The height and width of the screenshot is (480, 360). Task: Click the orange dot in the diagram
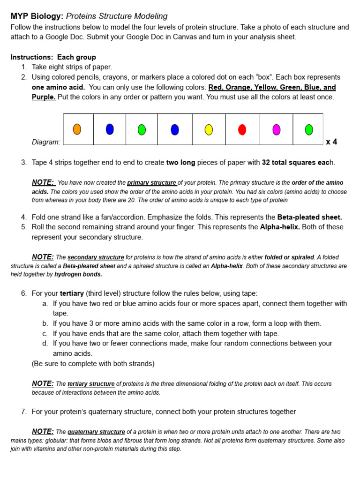[77, 129]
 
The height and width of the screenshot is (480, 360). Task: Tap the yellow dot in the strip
[209, 130]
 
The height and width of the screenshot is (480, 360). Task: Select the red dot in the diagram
[242, 130]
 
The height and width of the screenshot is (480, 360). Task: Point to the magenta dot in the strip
[277, 130]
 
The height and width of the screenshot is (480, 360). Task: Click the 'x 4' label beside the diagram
[331, 142]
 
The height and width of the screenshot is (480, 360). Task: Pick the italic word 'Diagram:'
[46, 142]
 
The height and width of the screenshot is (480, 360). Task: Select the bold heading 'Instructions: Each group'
[53, 57]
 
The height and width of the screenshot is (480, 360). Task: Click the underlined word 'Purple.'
[44, 97]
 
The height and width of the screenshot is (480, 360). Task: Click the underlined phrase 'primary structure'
[152, 183]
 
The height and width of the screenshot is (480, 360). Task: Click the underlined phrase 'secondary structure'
[96, 257]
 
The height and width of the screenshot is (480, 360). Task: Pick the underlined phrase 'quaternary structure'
[96, 432]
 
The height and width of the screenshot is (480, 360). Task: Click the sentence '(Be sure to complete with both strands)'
[93, 363]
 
